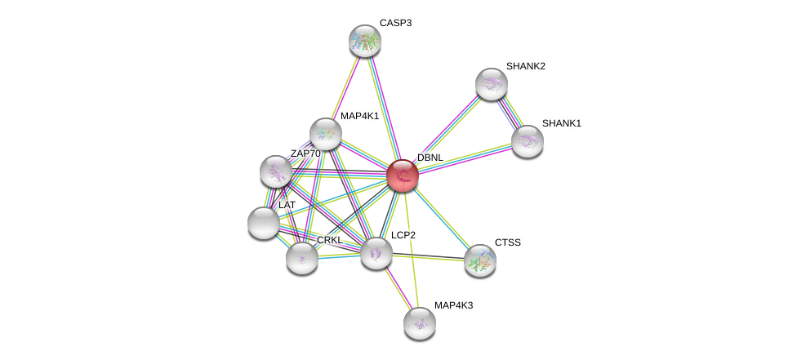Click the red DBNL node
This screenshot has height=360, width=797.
[x=402, y=176]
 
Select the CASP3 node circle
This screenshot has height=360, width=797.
[x=364, y=41]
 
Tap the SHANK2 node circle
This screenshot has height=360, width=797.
[x=491, y=84]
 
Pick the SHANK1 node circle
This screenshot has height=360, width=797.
[x=527, y=141]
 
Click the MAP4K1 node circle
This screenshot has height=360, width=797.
[x=325, y=134]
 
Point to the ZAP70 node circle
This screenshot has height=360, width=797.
[x=276, y=171]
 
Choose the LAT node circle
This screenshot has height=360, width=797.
[x=263, y=222]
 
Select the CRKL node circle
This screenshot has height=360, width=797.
[x=301, y=258]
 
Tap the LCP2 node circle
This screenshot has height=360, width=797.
[x=376, y=253]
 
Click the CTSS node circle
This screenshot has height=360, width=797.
[x=479, y=260]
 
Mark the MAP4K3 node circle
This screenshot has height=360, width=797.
[x=419, y=323]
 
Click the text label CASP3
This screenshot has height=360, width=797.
[x=395, y=23]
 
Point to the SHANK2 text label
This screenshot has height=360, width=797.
[x=525, y=66]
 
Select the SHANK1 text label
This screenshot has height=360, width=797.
[x=561, y=123]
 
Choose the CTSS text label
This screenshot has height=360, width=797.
[x=506, y=242]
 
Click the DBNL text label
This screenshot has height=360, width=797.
[x=430, y=158]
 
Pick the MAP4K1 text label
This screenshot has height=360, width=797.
[x=359, y=116]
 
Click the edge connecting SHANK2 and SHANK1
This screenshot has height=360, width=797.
[x=509, y=113]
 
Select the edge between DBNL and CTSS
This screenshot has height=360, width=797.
[x=441, y=218]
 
